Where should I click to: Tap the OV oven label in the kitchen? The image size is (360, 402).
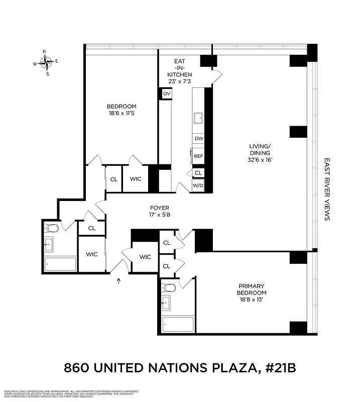(x=167, y=94)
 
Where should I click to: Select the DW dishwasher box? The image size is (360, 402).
(x=199, y=139)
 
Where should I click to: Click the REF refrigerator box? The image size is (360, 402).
(x=199, y=156)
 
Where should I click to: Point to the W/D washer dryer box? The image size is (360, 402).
(x=198, y=185)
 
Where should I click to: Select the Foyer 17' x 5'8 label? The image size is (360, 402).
(x=160, y=211)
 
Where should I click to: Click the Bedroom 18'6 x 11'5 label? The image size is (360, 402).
(x=122, y=110)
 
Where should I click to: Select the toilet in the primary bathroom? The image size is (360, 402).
(x=169, y=288)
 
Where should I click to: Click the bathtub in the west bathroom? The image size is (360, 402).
(x=60, y=264)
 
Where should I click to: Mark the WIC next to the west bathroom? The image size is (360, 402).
(x=91, y=254)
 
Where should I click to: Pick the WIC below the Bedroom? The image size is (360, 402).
(x=136, y=179)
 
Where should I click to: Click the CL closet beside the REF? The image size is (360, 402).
(x=198, y=172)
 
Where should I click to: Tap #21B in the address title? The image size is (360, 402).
(x=278, y=368)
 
